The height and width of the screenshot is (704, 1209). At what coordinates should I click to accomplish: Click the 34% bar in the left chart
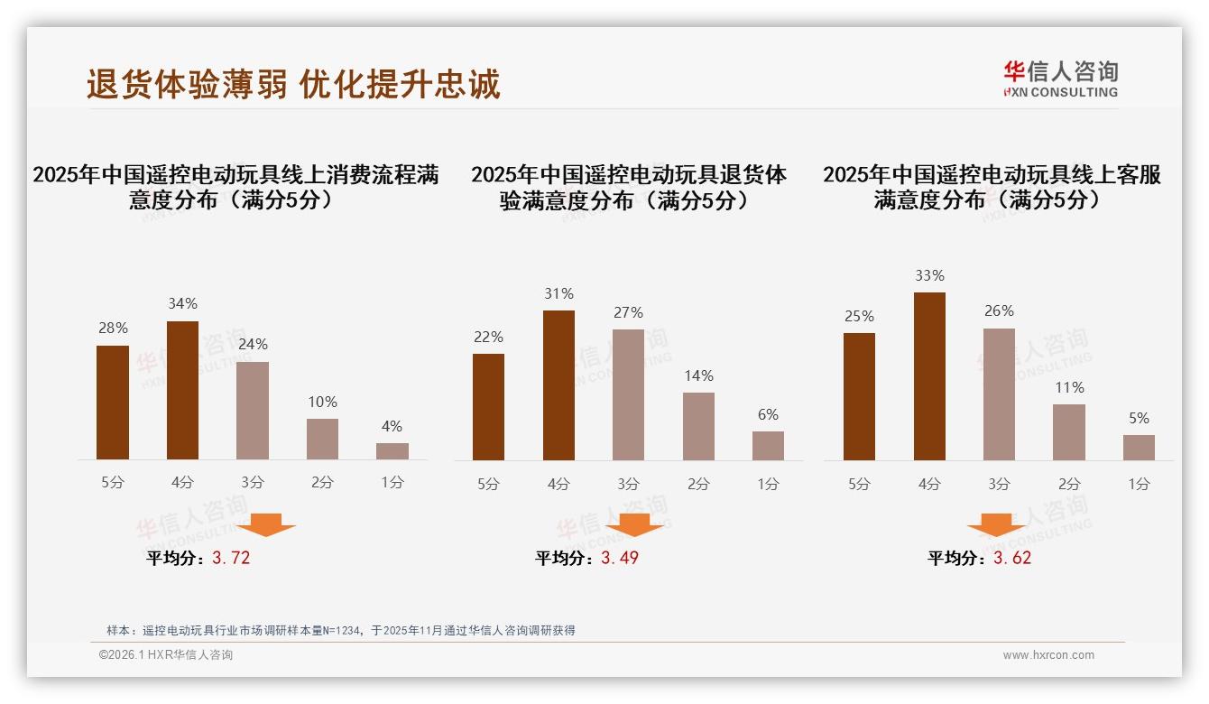click(182, 390)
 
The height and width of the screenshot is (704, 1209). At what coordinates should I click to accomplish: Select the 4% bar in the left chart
click(392, 450)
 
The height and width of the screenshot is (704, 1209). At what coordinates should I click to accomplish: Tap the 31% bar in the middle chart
click(558, 385)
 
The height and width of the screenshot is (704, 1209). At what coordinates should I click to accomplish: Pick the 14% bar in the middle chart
click(698, 426)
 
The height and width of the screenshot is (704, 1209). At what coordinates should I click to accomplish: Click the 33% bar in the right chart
click(929, 376)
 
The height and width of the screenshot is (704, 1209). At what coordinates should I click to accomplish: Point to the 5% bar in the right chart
click(1139, 447)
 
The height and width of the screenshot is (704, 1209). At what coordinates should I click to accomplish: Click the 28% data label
click(113, 329)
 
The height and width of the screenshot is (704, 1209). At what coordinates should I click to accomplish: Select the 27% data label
click(628, 313)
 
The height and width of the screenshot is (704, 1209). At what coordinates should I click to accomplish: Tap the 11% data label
click(1069, 388)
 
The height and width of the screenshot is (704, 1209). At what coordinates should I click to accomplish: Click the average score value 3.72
click(231, 559)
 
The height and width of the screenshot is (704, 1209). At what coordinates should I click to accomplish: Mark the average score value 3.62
click(1012, 559)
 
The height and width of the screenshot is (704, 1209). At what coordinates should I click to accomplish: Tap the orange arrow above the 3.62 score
click(996, 524)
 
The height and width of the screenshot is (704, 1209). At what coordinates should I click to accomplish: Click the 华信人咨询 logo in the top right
click(1060, 79)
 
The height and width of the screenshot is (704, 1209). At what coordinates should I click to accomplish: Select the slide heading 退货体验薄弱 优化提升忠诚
click(293, 84)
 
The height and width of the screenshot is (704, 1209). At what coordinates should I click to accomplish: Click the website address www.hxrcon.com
click(1048, 655)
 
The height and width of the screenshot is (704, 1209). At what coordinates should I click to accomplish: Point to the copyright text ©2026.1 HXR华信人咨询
click(166, 655)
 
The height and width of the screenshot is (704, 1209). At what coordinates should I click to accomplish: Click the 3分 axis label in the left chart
click(252, 483)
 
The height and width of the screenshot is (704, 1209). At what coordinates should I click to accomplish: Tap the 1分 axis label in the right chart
click(1139, 485)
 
